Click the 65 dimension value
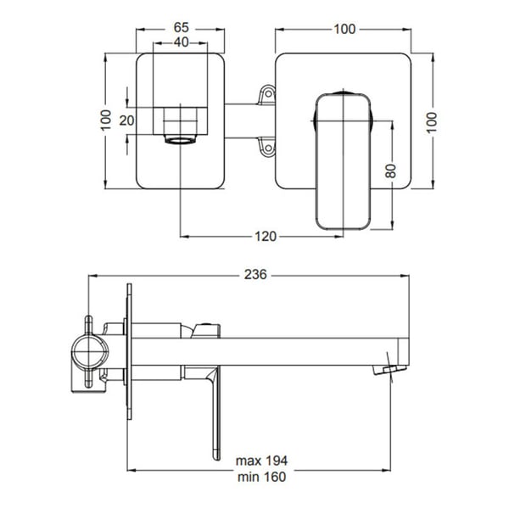[x=182, y=28]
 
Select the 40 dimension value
[x=182, y=42]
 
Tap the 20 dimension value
[x=126, y=120]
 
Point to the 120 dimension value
[x=266, y=237]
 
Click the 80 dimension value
[x=391, y=171]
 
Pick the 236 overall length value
[x=255, y=275]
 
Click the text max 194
[x=261, y=461]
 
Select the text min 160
[x=261, y=477]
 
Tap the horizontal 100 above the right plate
[x=344, y=29]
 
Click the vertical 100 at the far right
[x=432, y=122]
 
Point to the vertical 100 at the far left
[x=106, y=120]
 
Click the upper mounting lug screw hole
[x=268, y=94]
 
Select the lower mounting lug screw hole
[x=268, y=148]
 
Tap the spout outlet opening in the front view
[x=180, y=141]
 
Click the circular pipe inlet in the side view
[x=90, y=353]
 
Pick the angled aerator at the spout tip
[x=389, y=370]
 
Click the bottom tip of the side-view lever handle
[x=215, y=459]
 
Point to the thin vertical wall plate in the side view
[x=129, y=351]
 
